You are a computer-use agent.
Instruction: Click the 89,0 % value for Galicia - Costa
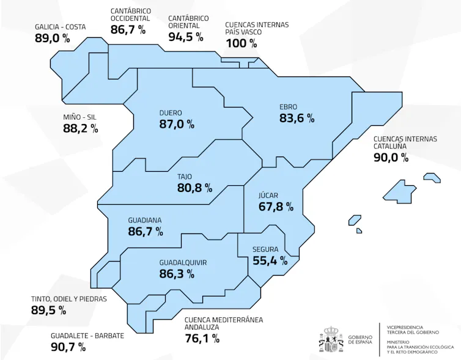coord(52,39)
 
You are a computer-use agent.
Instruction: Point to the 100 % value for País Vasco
coord(241,43)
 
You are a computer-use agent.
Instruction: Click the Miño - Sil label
coord(79,117)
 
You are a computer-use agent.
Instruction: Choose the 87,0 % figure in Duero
coord(176,124)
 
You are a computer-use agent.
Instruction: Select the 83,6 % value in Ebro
coord(297,119)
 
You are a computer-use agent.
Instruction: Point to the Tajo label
coord(185,177)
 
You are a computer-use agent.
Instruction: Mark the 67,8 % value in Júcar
coord(276,207)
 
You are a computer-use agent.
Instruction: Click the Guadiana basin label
coord(145,219)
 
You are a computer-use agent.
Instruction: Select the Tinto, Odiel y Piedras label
coord(69,299)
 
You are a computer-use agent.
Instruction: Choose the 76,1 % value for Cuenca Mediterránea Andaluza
coord(202,338)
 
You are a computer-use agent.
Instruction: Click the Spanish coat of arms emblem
coord(331,340)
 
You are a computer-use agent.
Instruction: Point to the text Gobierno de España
coord(360,340)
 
